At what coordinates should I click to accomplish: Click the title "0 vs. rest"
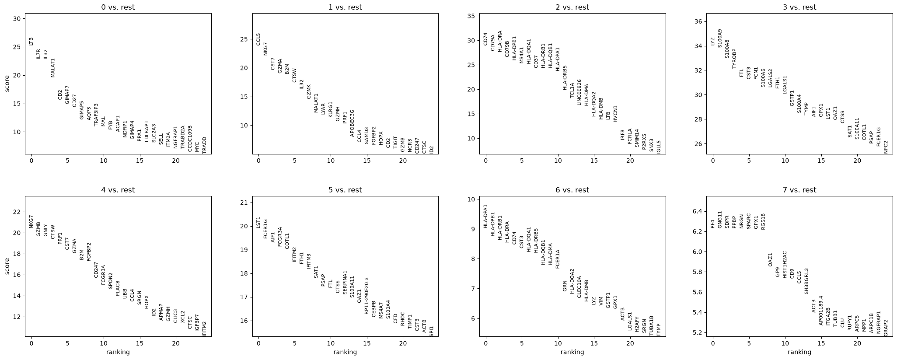(x=118, y=7)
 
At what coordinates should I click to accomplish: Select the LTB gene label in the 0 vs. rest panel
(x=31, y=42)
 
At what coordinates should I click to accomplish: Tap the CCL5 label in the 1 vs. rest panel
(x=258, y=39)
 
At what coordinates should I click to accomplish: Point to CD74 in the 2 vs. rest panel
(x=485, y=39)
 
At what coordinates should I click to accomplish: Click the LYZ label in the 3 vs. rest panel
(x=712, y=42)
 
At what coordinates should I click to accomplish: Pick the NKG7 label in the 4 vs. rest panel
(x=31, y=221)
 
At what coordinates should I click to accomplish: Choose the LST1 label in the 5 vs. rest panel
(x=258, y=222)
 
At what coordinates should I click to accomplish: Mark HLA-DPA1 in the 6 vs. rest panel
(x=485, y=216)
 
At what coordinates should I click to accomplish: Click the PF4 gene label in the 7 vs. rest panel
(x=712, y=224)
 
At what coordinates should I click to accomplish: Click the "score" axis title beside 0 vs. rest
(x=7, y=84)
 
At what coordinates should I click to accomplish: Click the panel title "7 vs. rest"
(x=799, y=190)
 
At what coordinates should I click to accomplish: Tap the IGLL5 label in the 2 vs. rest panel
(x=659, y=147)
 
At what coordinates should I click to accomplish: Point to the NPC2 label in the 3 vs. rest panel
(x=886, y=147)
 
